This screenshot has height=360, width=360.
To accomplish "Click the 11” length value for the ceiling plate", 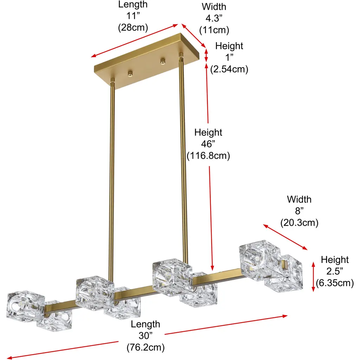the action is click(x=133, y=16).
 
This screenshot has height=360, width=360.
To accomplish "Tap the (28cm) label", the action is click(x=133, y=27).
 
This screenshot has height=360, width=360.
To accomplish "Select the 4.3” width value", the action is click(x=214, y=18).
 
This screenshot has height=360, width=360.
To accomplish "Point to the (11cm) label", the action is click(x=214, y=30).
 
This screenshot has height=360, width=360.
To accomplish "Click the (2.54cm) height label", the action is click(x=229, y=69).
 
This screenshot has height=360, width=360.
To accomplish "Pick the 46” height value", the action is click(x=208, y=144).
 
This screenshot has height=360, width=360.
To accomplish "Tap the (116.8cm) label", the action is click(x=208, y=156).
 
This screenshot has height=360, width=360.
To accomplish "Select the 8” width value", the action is click(x=299, y=211).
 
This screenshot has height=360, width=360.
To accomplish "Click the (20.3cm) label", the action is click(x=299, y=223).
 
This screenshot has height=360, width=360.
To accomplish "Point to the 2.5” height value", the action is click(x=335, y=271).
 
